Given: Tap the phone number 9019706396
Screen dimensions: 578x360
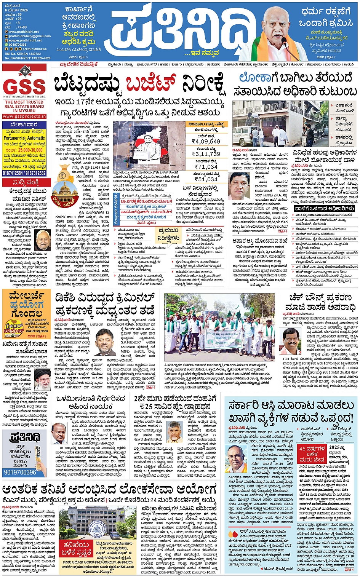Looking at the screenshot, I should pyautogui.click(x=20, y=472).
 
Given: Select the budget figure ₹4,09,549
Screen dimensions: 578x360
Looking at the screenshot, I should pyautogui.click(x=206, y=141).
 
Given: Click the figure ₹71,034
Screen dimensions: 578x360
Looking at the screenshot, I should pyautogui.click(x=206, y=166).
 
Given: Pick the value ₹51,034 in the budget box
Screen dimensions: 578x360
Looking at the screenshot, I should pyautogui.click(x=206, y=179).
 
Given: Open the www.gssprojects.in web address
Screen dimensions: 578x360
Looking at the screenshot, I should pyautogui.click(x=24, y=116).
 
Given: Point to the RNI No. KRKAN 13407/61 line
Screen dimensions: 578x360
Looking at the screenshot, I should pyautogui.click(x=22, y=54).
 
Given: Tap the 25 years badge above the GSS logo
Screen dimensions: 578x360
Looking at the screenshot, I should pyautogui.click(x=25, y=70).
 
